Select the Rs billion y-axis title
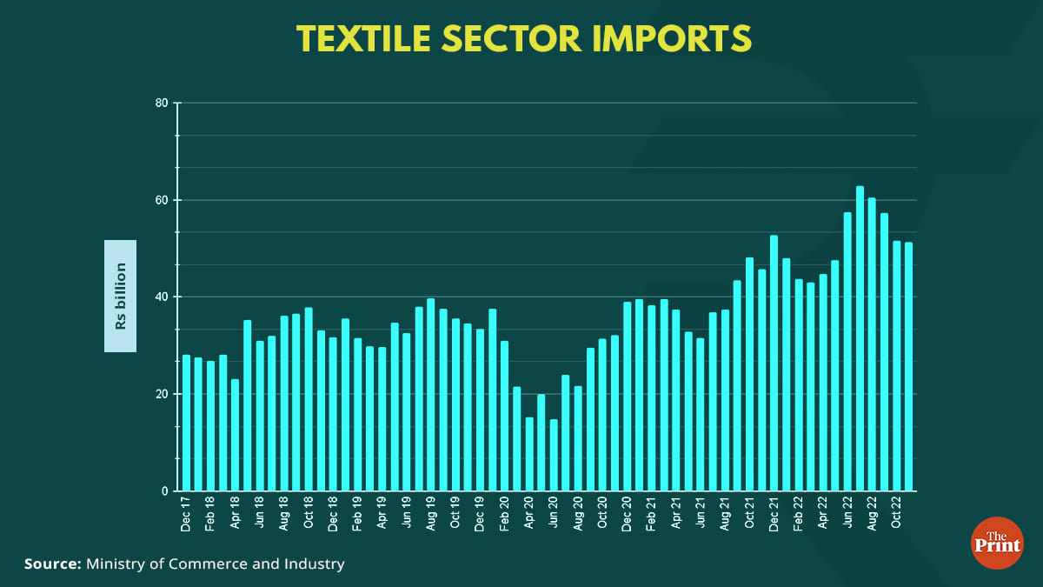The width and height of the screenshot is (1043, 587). (121, 296)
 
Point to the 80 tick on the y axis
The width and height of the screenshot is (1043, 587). (162, 103)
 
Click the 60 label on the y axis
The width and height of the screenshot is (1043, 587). (162, 200)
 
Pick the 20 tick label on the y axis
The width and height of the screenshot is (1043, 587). (162, 394)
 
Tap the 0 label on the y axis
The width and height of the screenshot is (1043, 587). (165, 491)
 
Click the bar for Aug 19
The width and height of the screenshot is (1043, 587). (431, 395)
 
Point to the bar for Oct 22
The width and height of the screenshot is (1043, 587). (896, 366)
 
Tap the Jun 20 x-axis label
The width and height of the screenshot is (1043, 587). (554, 514)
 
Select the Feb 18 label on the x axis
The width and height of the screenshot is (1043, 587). (210, 514)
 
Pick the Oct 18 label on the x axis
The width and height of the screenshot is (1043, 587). (309, 514)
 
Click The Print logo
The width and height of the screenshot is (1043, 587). (996, 544)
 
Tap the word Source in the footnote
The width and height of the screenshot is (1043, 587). (51, 564)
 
